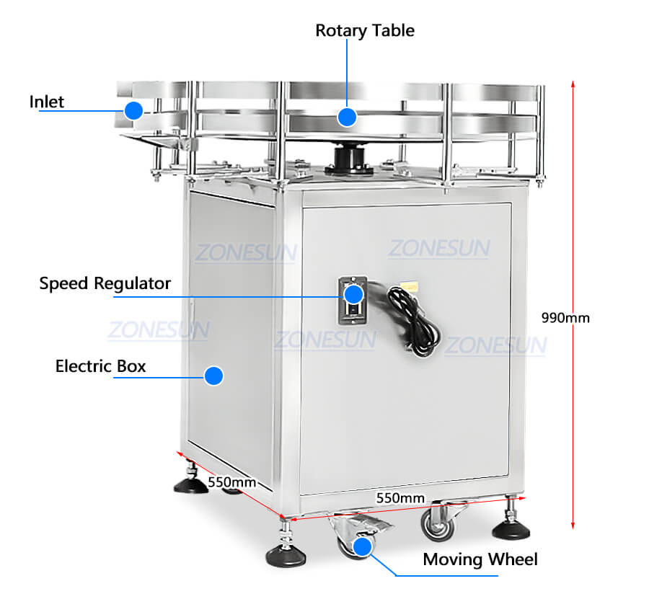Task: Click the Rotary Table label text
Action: (x=365, y=30)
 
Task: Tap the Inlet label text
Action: (x=46, y=101)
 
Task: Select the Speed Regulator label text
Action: (x=105, y=283)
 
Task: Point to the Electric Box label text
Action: (x=100, y=366)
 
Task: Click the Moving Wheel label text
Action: (x=480, y=559)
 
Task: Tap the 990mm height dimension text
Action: (x=565, y=317)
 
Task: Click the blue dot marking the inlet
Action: (x=133, y=110)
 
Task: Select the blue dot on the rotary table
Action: (x=348, y=116)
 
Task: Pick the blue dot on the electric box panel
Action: (x=213, y=376)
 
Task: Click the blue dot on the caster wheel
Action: (x=363, y=546)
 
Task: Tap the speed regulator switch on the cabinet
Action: (x=353, y=297)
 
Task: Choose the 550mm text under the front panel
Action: (x=400, y=498)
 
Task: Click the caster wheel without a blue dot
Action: (x=438, y=524)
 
